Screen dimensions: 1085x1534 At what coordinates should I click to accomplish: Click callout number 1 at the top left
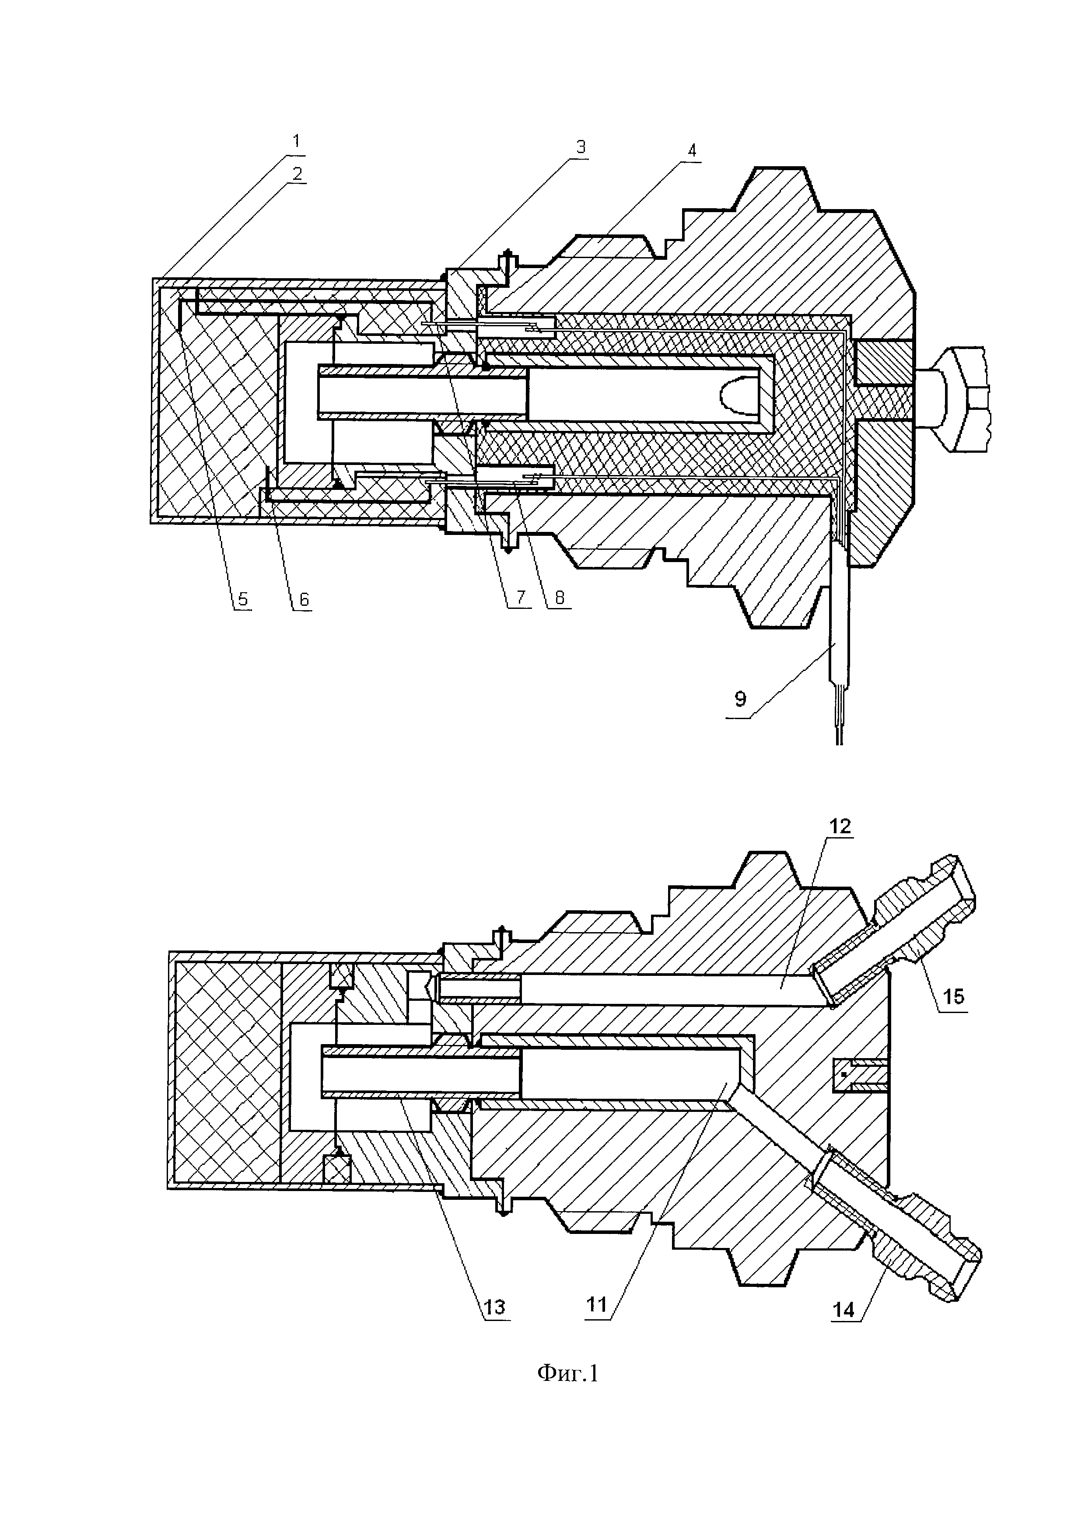[x=296, y=141]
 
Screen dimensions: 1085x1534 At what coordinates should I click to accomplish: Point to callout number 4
[x=692, y=151]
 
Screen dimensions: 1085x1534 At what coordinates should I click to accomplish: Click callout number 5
[x=242, y=599]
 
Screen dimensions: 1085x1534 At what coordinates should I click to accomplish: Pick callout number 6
[x=303, y=599]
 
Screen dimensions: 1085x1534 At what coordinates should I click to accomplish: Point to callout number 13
[x=495, y=1306]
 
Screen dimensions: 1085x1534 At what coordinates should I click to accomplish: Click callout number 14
[x=844, y=1310]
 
